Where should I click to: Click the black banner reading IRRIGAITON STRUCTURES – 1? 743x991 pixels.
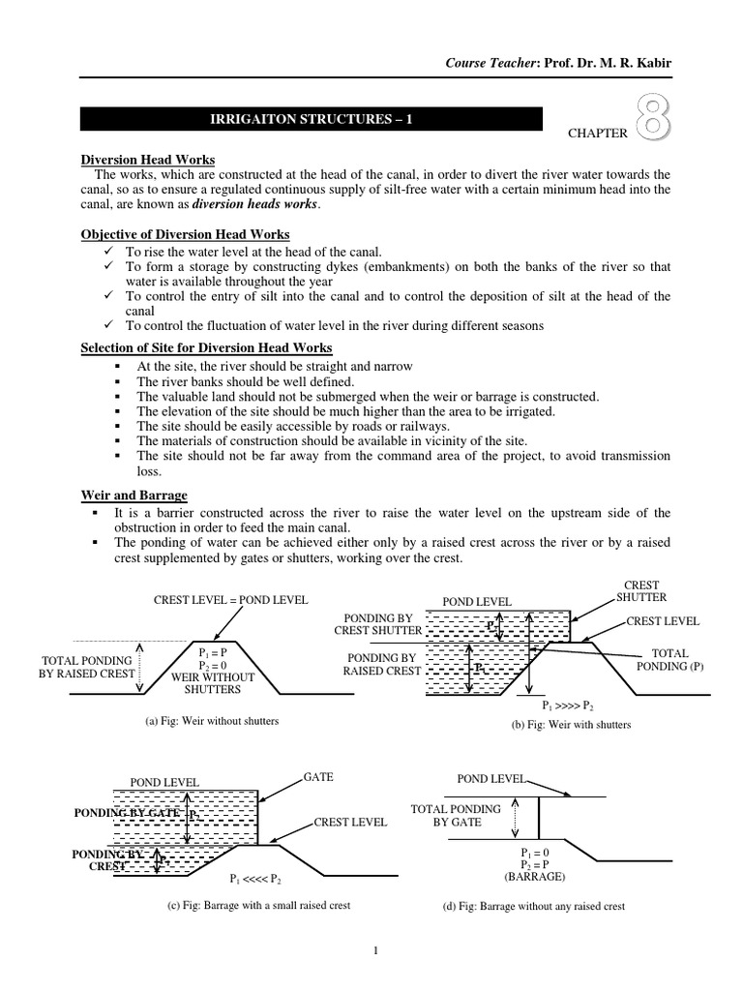[x=311, y=119]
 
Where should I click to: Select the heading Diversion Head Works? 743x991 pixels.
[x=147, y=160]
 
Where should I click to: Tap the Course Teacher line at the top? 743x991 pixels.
[x=557, y=64]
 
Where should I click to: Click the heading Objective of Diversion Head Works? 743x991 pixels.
[x=185, y=235]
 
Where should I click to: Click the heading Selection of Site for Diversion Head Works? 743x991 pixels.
[x=206, y=347]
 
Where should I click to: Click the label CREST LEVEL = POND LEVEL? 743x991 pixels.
[x=231, y=600]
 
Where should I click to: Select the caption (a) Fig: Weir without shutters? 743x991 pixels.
[x=211, y=722]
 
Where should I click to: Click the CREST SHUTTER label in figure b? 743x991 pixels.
[x=641, y=591]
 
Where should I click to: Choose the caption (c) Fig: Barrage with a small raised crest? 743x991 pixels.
[x=259, y=906]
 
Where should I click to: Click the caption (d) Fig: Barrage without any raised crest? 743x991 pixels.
[x=533, y=907]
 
